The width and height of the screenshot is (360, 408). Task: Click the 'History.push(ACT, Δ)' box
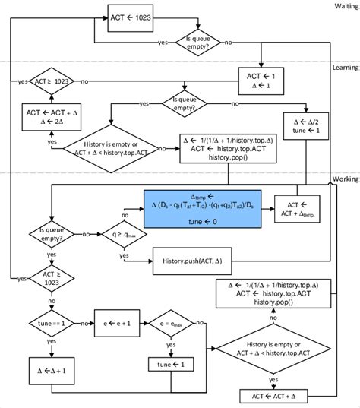pos(196,261)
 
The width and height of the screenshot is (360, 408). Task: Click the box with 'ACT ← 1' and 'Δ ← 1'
pos(261,80)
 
